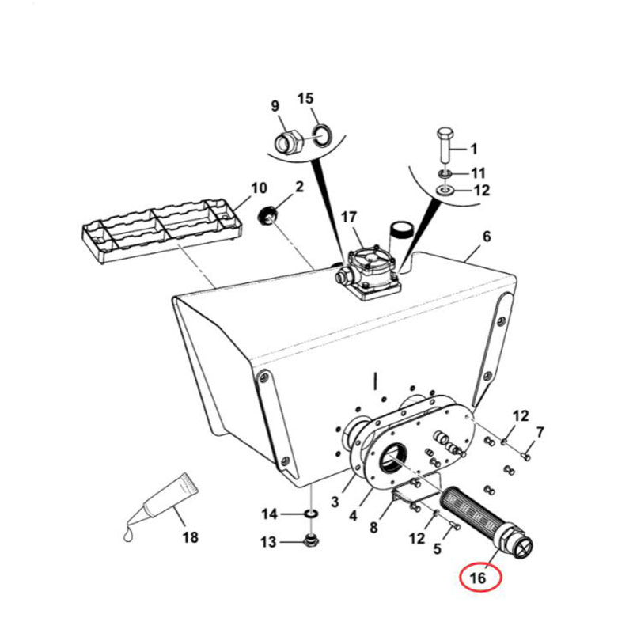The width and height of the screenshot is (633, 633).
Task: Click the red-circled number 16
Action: click(x=478, y=578)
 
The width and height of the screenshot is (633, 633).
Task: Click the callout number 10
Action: click(x=259, y=188)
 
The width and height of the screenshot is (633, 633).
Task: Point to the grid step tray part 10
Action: click(x=162, y=230)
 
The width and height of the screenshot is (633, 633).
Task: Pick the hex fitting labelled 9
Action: click(x=288, y=142)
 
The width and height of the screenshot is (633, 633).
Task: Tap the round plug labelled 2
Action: click(x=267, y=214)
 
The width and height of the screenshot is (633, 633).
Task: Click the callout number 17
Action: click(x=349, y=217)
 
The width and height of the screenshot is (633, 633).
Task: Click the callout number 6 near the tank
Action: click(x=487, y=237)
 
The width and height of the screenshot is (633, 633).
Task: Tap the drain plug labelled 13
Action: click(x=311, y=540)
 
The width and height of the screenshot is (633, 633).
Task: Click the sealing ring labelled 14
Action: click(x=311, y=514)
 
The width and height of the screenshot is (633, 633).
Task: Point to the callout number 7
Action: click(x=540, y=432)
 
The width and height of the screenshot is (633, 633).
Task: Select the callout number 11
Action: click(x=478, y=173)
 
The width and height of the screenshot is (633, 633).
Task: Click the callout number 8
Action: click(x=373, y=527)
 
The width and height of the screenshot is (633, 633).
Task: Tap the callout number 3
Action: click(x=335, y=502)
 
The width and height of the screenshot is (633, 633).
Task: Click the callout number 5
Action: click(x=438, y=548)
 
